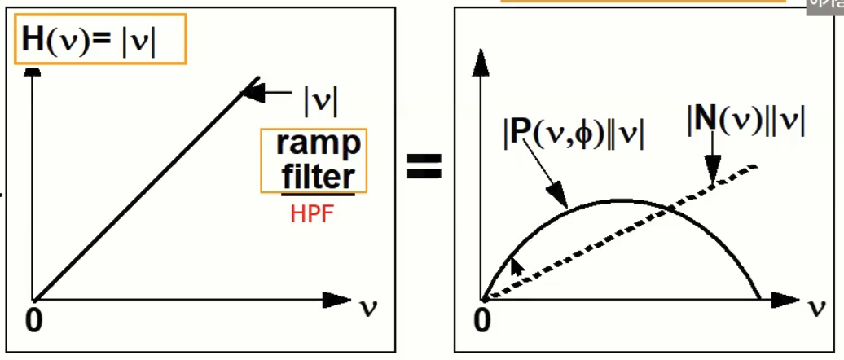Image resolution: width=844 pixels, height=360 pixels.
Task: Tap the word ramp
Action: [x=318, y=145]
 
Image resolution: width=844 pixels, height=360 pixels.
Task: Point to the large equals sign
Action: [x=424, y=169]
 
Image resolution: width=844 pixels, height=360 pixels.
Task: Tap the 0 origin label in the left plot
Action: [x=33, y=320]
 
